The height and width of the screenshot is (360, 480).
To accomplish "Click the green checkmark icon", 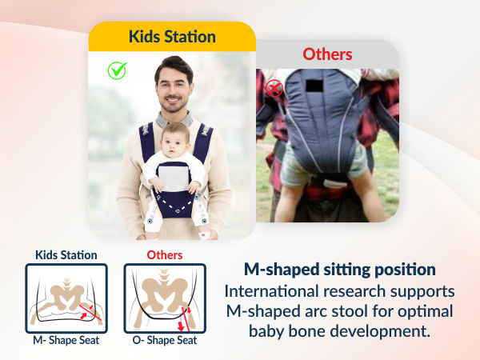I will click(x=118, y=70).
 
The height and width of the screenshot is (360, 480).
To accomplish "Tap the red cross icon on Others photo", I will click(x=274, y=88).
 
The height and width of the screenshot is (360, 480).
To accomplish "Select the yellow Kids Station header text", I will click(x=172, y=37).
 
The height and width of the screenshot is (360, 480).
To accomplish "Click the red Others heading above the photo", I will click(x=327, y=54).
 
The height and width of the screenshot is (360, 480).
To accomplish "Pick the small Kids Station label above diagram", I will click(x=66, y=255).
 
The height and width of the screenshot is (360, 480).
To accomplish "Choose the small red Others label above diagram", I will click(x=165, y=255).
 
